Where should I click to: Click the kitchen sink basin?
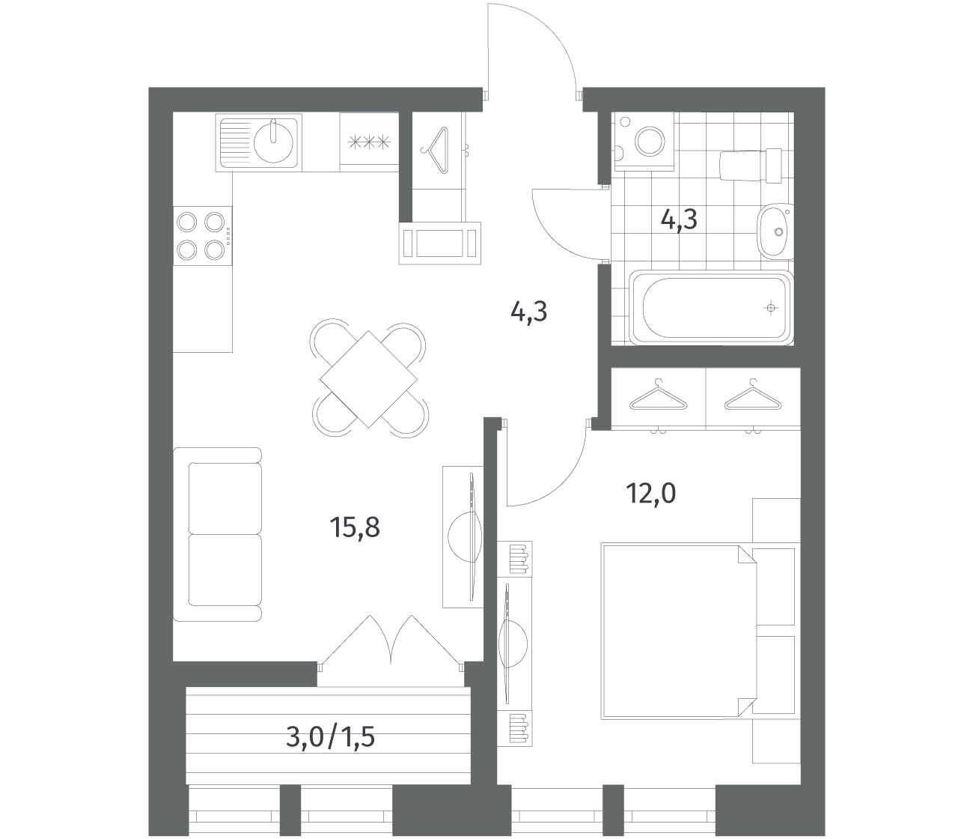coord(273,140)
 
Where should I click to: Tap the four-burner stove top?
coord(202,235)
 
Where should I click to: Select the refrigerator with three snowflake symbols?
coord(369,142)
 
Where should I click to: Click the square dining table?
coord(368,379)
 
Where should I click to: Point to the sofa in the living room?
coord(217,534)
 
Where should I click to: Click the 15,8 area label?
coord(355,527)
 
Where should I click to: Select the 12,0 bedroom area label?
coord(650,493)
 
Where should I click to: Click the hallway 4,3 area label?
coord(528,312)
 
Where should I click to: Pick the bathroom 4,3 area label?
coord(679,219)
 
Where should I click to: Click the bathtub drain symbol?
coord(771,308)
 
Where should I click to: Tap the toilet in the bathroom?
coord(751,166)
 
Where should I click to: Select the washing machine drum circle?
coord(650,140)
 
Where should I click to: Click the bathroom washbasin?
coord(775,231)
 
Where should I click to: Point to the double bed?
coord(678,631)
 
